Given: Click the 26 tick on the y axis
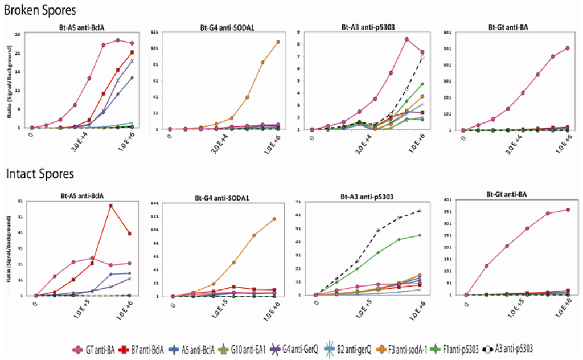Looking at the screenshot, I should click(x=18, y=35).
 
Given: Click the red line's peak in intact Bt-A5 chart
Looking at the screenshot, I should click(x=110, y=206).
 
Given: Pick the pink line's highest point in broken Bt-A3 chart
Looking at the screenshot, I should click(x=407, y=39).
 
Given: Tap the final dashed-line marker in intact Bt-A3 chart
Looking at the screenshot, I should click(x=420, y=211).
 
